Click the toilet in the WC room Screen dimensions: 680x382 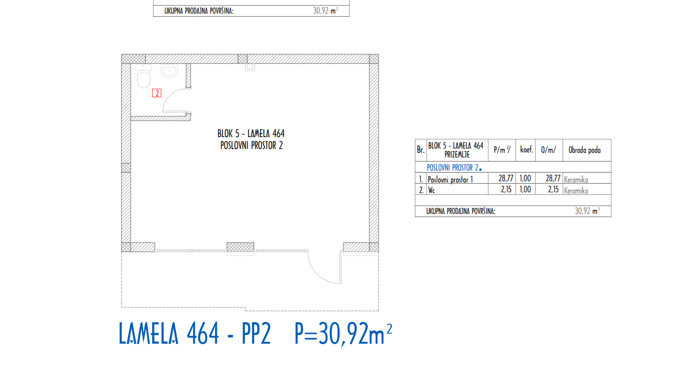pos(144,76)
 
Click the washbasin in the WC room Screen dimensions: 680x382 pos(170,71)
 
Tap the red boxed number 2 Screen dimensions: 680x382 pos(157,93)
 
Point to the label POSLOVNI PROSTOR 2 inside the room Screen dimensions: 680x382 pos(251,146)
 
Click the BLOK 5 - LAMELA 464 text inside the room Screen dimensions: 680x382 pos(251,133)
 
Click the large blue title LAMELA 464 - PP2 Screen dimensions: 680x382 pos(194,334)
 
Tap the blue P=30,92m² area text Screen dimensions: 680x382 pos(343,334)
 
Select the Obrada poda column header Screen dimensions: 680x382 pos(584,150)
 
